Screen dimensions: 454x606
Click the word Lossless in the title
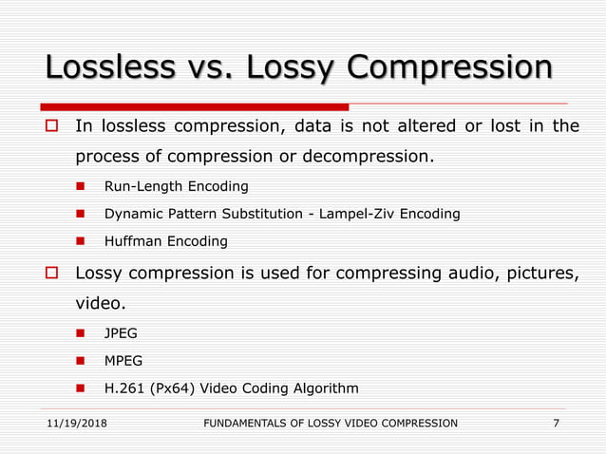(108, 68)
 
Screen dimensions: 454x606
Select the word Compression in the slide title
(449, 68)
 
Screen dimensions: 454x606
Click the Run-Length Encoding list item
(176, 186)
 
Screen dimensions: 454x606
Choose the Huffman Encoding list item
(165, 241)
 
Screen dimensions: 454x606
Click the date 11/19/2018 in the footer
(75, 423)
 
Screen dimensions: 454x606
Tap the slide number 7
(556, 423)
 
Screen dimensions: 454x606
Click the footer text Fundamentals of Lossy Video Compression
(331, 423)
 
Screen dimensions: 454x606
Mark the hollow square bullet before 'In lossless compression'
(53, 126)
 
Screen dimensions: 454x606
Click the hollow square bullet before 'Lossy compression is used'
(53, 274)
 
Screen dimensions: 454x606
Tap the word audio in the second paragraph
(461, 274)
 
